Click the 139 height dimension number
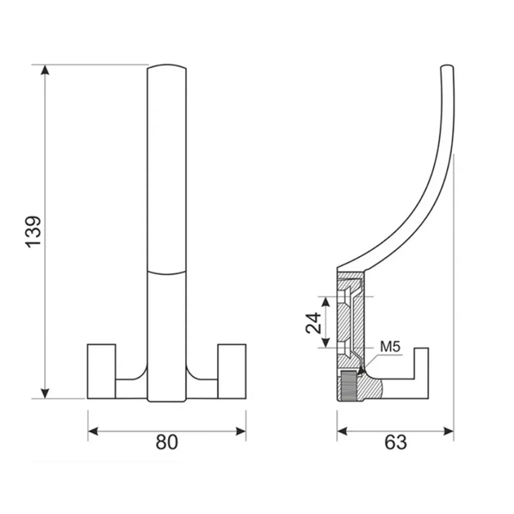[33, 232]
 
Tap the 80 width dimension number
[166, 441]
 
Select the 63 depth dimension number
[396, 442]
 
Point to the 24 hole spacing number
[313, 323]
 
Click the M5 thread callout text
[390, 347]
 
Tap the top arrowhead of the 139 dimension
[45, 70]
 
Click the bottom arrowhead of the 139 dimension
[45, 393]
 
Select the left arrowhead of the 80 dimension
[94, 432]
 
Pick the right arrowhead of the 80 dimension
[241, 432]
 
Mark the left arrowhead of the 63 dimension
[342, 432]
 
